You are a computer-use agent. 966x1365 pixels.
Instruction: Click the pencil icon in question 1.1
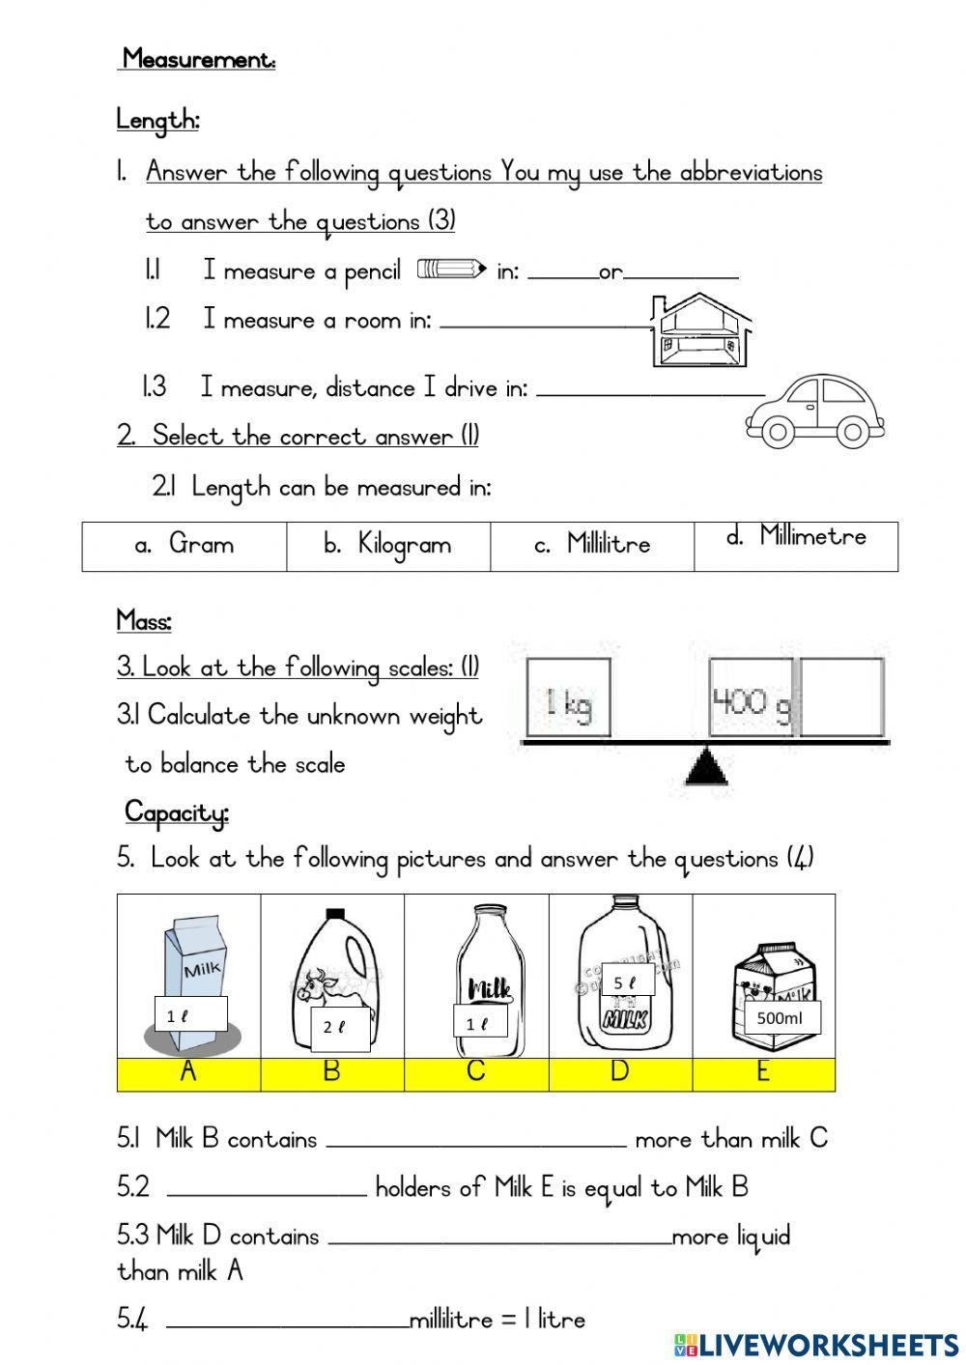click(450, 269)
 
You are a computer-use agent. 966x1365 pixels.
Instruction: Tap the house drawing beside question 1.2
click(701, 330)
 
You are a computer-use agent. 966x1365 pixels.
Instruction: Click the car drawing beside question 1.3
click(814, 411)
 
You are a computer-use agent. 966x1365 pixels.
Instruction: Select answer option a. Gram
click(185, 545)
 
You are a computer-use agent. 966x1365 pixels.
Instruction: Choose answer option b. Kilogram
click(388, 545)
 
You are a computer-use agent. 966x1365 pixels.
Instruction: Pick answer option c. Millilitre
click(592, 545)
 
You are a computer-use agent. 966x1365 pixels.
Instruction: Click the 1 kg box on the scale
click(568, 697)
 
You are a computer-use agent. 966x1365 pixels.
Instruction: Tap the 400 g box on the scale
click(751, 697)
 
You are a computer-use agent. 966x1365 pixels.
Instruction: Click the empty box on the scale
click(841, 697)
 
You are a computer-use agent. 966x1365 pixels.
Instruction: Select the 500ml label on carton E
click(781, 1017)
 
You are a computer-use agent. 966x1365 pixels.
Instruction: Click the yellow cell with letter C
click(476, 1073)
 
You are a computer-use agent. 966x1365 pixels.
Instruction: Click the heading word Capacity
click(176, 812)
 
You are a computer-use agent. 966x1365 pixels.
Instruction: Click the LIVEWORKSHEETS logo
click(816, 1344)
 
